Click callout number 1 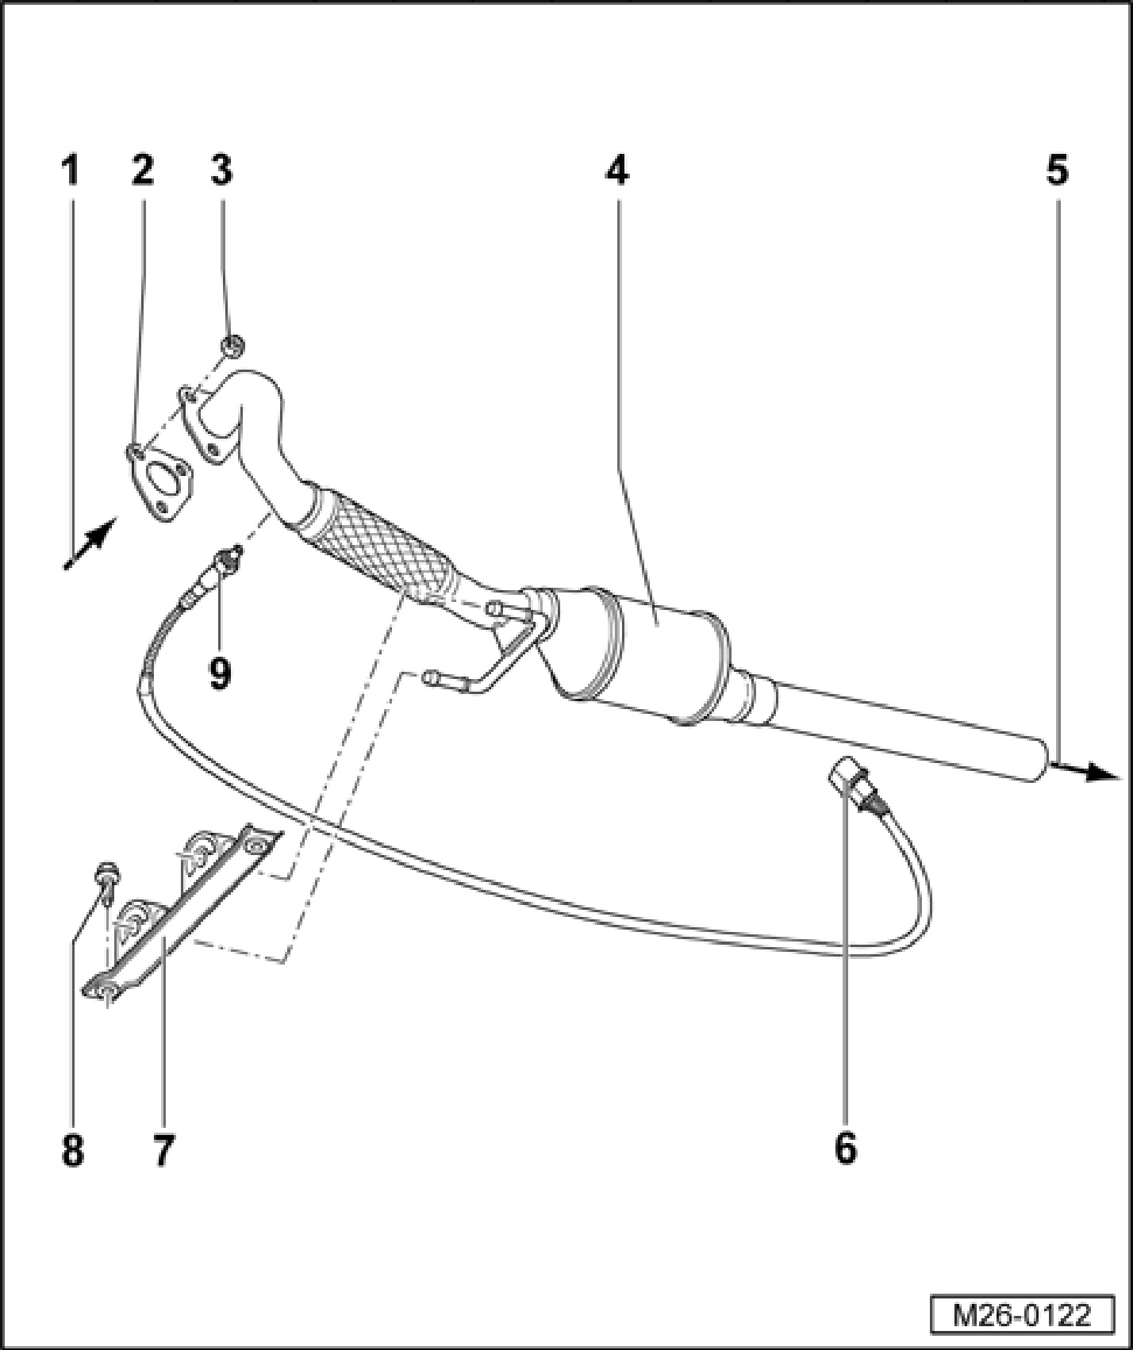71,171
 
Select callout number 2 143,171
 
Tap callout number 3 221,171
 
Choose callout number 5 1057,171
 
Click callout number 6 846,1148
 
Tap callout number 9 220,673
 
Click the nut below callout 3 232,346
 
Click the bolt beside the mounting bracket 106,874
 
